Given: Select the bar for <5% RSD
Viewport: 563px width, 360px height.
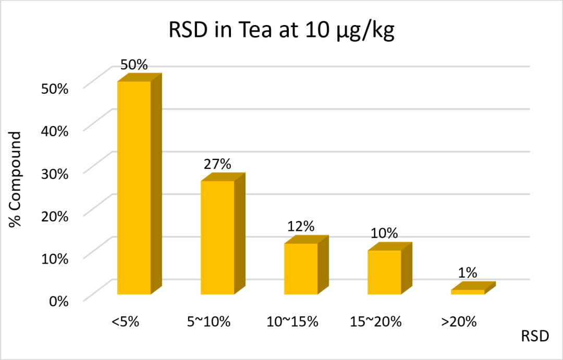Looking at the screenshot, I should point(134,188).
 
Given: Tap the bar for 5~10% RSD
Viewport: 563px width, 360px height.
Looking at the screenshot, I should point(218,237).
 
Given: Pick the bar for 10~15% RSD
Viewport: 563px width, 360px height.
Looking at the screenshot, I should point(301,268).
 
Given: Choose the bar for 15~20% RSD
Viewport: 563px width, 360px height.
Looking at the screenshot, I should point(385,272).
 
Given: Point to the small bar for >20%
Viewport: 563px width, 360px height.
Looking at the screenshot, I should point(468,291).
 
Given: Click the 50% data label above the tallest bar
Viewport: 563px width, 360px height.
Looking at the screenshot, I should point(134,65).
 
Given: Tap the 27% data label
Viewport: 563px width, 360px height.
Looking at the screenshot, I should point(217,164).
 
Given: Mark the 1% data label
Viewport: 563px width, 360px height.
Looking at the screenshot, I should point(468,272).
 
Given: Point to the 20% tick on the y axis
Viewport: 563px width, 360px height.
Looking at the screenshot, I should point(55,216).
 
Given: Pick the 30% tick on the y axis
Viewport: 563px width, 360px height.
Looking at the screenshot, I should point(55,173).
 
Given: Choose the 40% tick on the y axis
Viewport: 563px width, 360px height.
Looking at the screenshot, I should point(55,131).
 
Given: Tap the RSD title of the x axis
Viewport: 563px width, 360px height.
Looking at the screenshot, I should point(535,337).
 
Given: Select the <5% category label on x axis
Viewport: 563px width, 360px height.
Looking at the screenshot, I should point(126,321).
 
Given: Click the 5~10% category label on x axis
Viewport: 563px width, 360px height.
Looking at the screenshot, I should point(208,321).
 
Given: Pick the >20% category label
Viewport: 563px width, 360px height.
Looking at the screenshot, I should point(459,321).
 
